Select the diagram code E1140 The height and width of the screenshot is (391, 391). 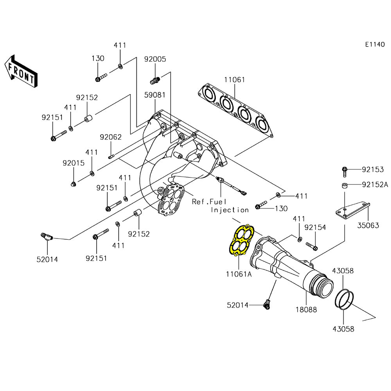coord(375,45)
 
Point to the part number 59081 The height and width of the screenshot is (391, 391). coord(155,95)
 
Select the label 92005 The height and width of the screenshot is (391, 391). coord(155,59)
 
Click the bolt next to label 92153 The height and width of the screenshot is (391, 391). coord(344,170)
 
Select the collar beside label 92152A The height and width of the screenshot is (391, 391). coord(344,185)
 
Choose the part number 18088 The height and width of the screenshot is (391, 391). coord(306,309)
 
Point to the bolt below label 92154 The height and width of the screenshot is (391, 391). coord(312,246)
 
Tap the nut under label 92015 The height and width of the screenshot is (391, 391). coord(73,183)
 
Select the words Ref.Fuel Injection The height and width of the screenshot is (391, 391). coord(221,206)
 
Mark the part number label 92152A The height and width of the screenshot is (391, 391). coord(375,185)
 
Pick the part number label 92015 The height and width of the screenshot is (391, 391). coord(73,163)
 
